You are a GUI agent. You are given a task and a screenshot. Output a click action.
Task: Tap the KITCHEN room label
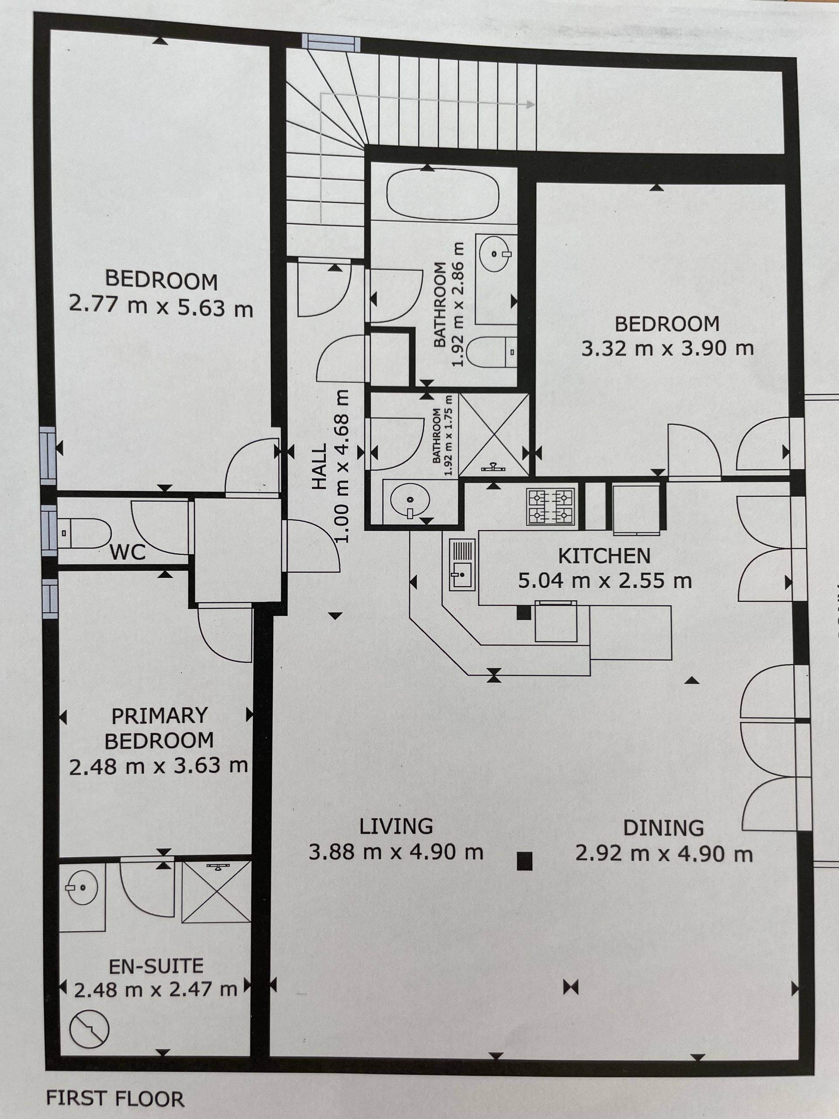tap(604, 556)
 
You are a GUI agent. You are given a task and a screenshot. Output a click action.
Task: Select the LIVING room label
tap(396, 826)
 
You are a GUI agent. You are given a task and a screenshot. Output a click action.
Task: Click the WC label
tap(128, 552)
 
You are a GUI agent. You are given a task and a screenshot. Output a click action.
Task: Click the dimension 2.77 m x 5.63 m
tap(161, 306)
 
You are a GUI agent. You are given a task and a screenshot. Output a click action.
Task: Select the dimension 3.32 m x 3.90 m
tap(668, 348)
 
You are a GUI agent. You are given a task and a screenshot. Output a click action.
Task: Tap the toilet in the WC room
tap(84, 533)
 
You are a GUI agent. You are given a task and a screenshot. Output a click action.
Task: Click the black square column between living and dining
tap(525, 861)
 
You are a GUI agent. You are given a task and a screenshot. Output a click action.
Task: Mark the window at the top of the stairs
tap(331, 42)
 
